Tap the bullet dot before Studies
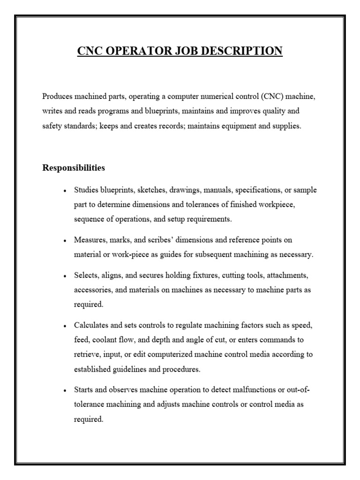[x=65, y=191]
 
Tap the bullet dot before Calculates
[x=65, y=326]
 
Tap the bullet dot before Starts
[x=65, y=391]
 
